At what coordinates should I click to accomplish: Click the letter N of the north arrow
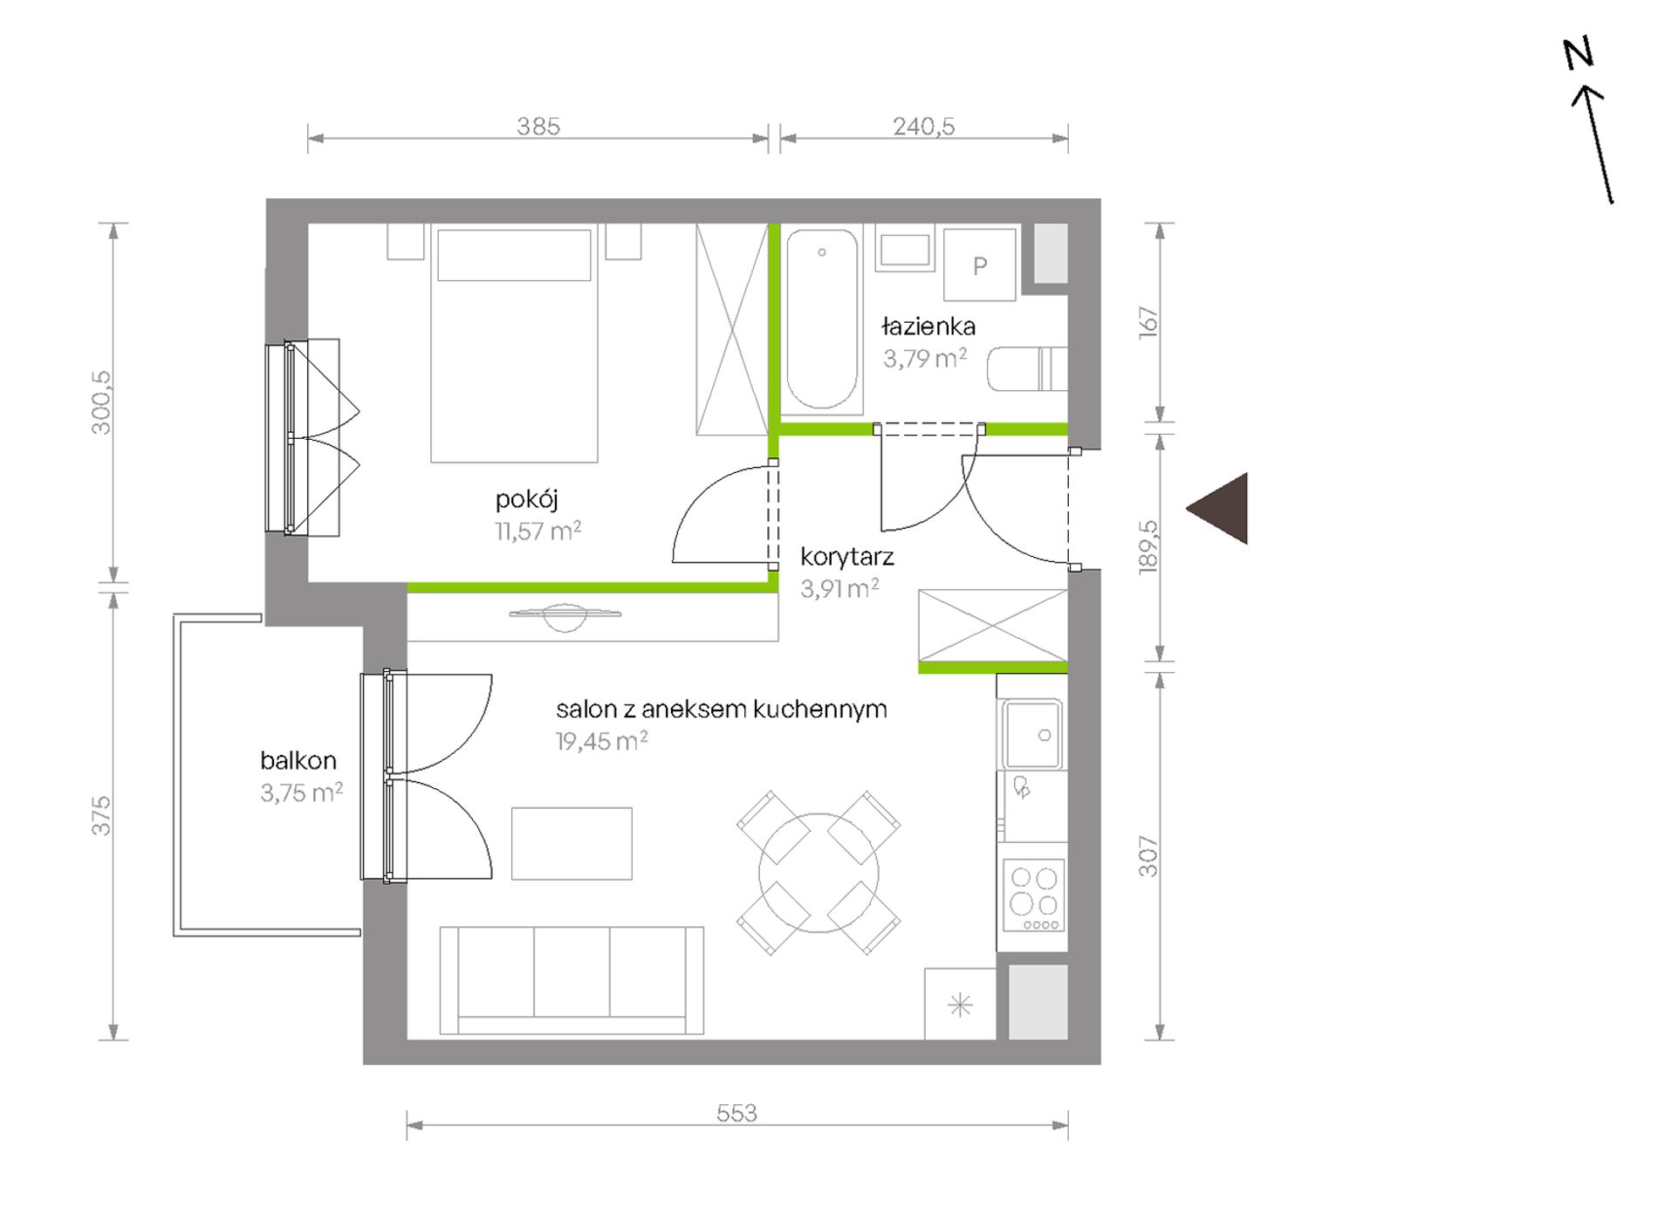point(1579,54)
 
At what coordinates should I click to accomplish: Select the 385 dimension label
point(538,127)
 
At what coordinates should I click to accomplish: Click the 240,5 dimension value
point(924,127)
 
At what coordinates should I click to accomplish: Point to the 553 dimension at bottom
point(737,1113)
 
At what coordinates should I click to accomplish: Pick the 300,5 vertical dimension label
point(101,402)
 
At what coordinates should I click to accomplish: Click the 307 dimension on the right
point(1148,857)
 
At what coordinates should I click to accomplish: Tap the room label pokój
point(526,500)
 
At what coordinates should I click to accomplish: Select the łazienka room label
point(928,327)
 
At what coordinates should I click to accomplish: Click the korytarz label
point(847,557)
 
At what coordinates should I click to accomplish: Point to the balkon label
point(298,760)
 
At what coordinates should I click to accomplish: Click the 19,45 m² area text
point(601,742)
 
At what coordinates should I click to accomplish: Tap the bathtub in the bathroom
point(822,319)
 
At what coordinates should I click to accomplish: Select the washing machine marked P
point(980,265)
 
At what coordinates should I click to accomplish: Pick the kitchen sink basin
point(1032,734)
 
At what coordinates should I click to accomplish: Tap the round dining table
point(819,873)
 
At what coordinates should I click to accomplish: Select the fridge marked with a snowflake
point(960,1005)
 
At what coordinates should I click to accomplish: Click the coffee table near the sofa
point(572,844)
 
